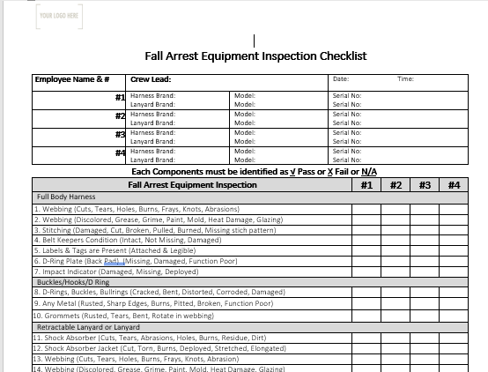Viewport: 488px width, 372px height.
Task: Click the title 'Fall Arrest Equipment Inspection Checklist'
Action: (255, 56)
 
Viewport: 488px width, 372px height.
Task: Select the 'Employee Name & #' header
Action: (72, 79)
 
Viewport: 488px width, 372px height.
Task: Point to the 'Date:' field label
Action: (341, 79)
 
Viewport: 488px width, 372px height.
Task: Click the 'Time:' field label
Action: (405, 79)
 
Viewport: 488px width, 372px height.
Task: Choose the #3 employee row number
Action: (120, 135)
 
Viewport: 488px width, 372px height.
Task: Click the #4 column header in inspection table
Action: (453, 185)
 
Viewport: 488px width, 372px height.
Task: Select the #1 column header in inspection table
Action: (366, 185)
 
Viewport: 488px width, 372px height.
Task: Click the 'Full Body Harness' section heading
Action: (66, 197)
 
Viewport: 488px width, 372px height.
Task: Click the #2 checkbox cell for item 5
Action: (396, 250)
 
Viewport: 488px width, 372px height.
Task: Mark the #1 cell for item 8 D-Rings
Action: (366, 292)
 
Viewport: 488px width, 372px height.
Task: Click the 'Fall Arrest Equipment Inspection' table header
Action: (193, 185)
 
